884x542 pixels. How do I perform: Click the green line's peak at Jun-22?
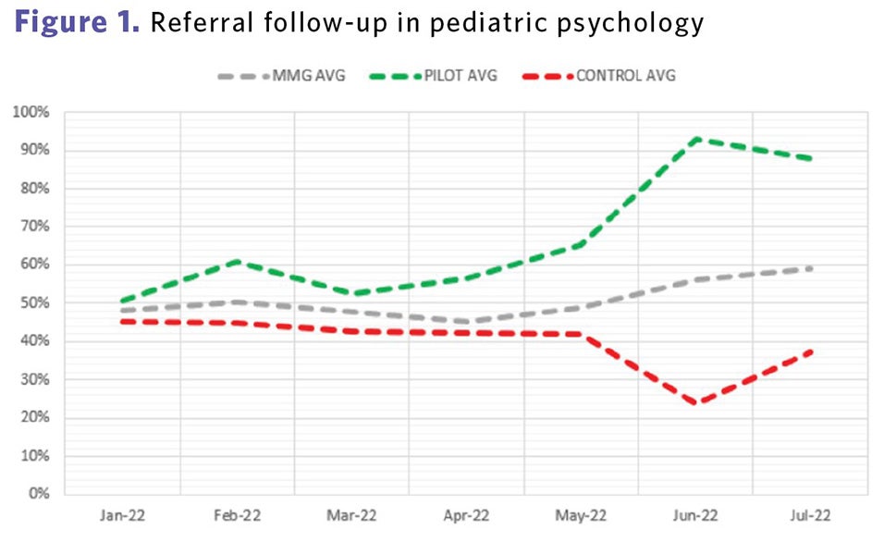(696, 139)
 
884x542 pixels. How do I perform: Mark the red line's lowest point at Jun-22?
(695, 403)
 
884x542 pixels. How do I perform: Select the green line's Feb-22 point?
(237, 262)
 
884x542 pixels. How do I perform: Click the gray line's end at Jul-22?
(810, 268)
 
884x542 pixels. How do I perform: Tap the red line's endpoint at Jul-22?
(810, 351)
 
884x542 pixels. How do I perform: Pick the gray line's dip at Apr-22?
(466, 322)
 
